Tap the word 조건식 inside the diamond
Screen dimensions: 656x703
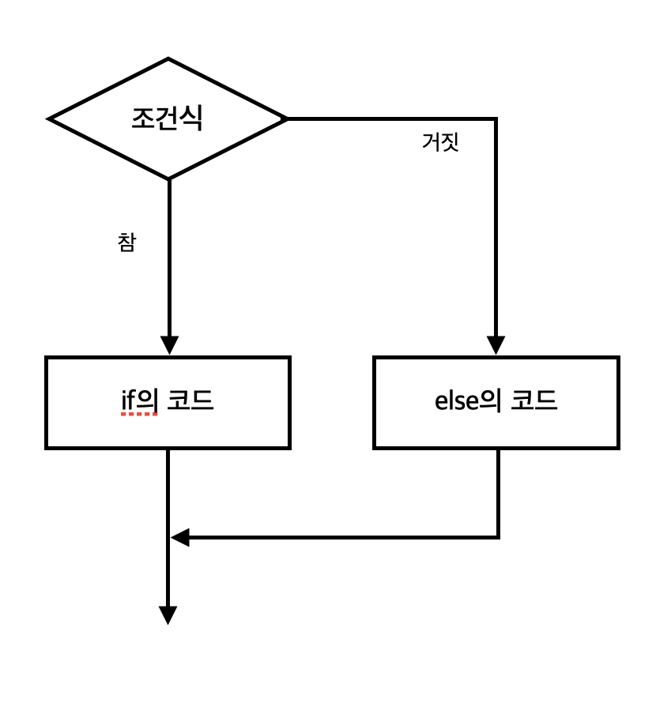coord(167,118)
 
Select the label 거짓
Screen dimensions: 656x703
coord(440,143)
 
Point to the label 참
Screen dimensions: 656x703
coord(126,242)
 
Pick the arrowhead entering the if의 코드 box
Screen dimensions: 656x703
coord(168,346)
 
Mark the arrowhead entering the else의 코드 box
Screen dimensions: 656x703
coord(496,346)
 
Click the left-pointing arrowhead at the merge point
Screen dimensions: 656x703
coord(180,538)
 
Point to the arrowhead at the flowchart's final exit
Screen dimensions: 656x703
coord(168,615)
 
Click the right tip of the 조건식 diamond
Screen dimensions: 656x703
coord(286,119)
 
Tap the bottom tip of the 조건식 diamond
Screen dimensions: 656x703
coord(168,179)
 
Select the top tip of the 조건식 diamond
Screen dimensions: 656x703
coord(168,58)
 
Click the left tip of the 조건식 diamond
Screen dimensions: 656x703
coord(50,119)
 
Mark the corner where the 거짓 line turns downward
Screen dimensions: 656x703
coord(496,119)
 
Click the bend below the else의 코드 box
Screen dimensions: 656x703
coord(498,538)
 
